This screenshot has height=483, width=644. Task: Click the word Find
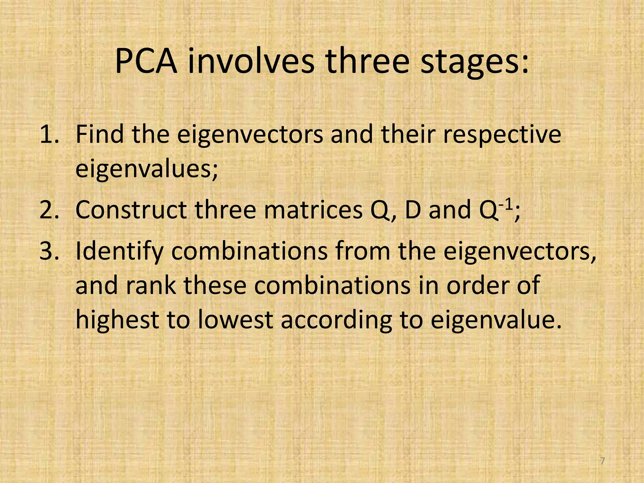100,135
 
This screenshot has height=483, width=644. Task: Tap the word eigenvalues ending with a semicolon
147,170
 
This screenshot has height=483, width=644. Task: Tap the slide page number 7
602,461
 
